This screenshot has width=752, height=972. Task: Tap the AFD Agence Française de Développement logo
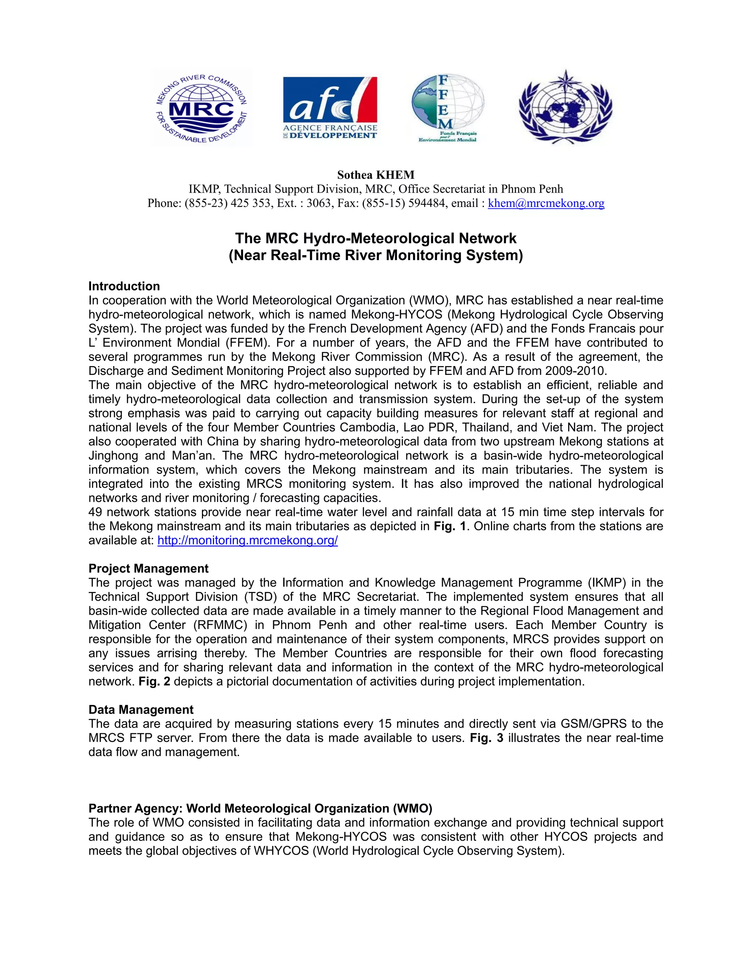(x=330, y=108)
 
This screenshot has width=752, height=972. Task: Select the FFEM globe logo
(x=447, y=108)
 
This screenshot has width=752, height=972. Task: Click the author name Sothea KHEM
(x=376, y=175)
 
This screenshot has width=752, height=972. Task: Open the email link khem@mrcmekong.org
(x=546, y=204)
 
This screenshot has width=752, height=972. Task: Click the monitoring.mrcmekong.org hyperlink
(x=248, y=540)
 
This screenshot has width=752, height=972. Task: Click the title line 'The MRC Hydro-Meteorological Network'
(x=376, y=238)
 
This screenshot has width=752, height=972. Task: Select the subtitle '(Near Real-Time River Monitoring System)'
(x=376, y=255)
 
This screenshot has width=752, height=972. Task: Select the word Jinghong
(x=113, y=456)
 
